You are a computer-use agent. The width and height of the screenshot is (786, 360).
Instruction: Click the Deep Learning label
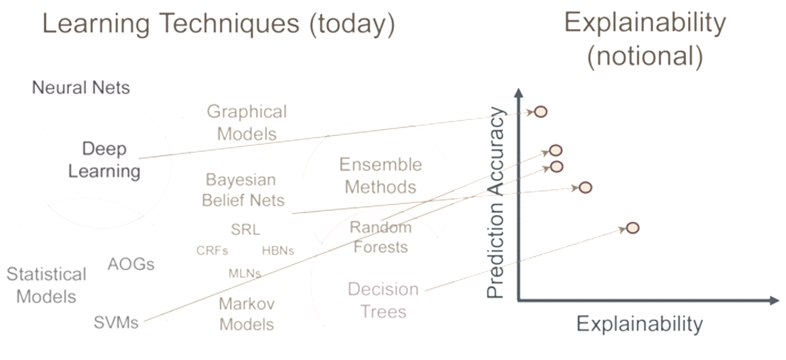[104, 160]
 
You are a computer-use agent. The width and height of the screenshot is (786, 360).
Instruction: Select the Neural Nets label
[81, 88]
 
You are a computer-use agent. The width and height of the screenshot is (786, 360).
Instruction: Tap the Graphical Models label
[246, 122]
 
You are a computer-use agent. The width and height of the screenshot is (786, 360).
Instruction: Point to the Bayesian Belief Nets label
[243, 190]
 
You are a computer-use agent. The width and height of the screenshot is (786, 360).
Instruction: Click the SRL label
[246, 229]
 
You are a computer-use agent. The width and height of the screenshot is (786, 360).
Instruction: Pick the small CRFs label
[212, 250]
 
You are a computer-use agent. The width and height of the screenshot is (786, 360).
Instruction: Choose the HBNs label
[278, 250]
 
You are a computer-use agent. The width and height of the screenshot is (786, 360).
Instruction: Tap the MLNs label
[245, 273]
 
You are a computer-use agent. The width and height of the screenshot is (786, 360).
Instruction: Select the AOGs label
[131, 263]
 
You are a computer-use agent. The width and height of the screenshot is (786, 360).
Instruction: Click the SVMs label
[116, 322]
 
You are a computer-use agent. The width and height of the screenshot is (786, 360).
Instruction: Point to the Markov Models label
[246, 314]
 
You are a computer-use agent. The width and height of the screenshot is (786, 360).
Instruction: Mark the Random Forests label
[381, 236]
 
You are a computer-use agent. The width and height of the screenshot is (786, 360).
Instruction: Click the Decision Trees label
[383, 300]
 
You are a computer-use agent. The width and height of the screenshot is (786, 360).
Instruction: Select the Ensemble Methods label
[381, 175]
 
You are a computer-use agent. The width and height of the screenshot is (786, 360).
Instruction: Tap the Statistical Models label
[46, 285]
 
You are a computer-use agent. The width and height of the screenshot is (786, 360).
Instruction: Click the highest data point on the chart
[540, 111]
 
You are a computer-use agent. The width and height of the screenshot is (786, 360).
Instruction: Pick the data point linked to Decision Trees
[633, 228]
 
